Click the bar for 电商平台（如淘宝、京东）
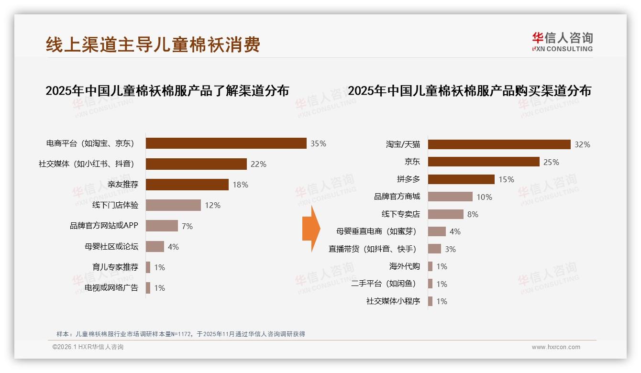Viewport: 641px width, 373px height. [x=226, y=143]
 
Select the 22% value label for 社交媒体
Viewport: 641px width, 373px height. [x=258, y=164]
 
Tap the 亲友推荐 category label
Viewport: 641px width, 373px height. [x=123, y=185]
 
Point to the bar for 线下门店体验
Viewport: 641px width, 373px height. [x=173, y=205]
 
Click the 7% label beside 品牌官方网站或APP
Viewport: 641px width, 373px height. [x=187, y=226]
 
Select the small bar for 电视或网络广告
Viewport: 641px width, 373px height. [x=148, y=288]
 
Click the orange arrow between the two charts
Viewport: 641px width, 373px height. [x=310, y=229]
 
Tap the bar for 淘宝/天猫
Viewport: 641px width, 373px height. [x=499, y=144]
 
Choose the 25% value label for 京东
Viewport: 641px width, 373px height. [x=551, y=162]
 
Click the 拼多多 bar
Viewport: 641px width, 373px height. [x=461, y=179]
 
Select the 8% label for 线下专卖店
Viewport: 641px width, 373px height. [x=473, y=214]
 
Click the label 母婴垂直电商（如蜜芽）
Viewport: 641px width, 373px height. [x=376, y=231]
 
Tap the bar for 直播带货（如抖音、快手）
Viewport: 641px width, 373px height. [x=434, y=249]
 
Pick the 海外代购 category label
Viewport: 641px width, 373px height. [x=404, y=266]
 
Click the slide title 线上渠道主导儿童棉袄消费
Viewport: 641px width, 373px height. [x=153, y=44]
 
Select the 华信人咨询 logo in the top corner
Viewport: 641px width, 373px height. [x=562, y=42]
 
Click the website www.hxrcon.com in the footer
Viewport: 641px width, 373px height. [x=556, y=347]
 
